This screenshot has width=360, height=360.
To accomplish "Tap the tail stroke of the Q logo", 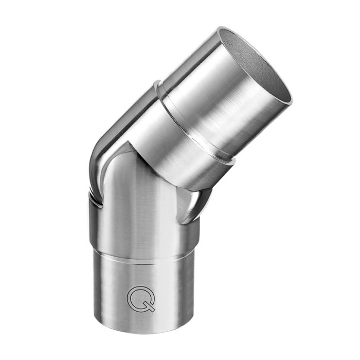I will tap(151, 308).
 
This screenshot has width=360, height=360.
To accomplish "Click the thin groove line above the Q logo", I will tap(144, 262).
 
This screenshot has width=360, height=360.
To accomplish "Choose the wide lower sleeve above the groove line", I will tap(144, 231).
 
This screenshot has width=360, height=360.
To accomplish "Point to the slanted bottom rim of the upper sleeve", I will tap(170, 177).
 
